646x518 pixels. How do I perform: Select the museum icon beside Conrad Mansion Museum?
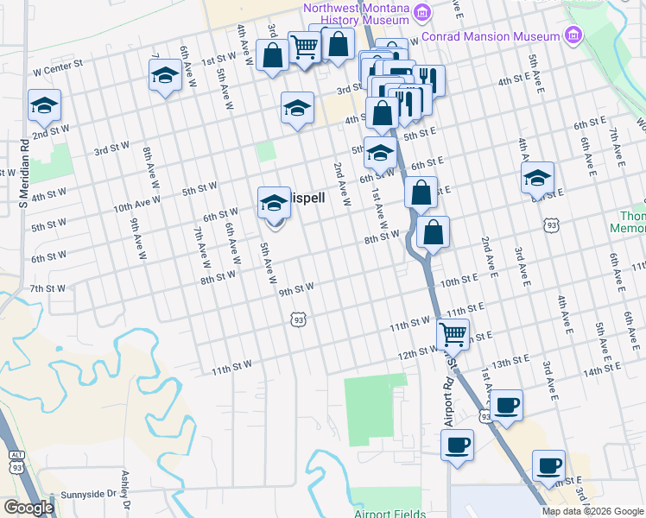click(x=572, y=35)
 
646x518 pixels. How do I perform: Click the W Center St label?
click(x=57, y=64)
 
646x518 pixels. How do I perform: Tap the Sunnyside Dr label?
click(x=88, y=495)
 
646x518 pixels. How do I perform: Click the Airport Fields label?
click(x=388, y=514)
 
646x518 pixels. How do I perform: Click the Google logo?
click(x=28, y=508)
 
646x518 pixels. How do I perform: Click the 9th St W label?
click(x=296, y=288)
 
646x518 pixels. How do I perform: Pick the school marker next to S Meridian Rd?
click(x=44, y=106)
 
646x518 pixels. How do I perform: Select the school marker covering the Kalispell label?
click(x=275, y=203)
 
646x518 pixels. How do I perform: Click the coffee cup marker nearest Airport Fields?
click(x=458, y=445)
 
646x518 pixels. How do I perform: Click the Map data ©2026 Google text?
click(x=592, y=511)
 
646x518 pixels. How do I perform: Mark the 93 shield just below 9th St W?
click(x=299, y=320)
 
